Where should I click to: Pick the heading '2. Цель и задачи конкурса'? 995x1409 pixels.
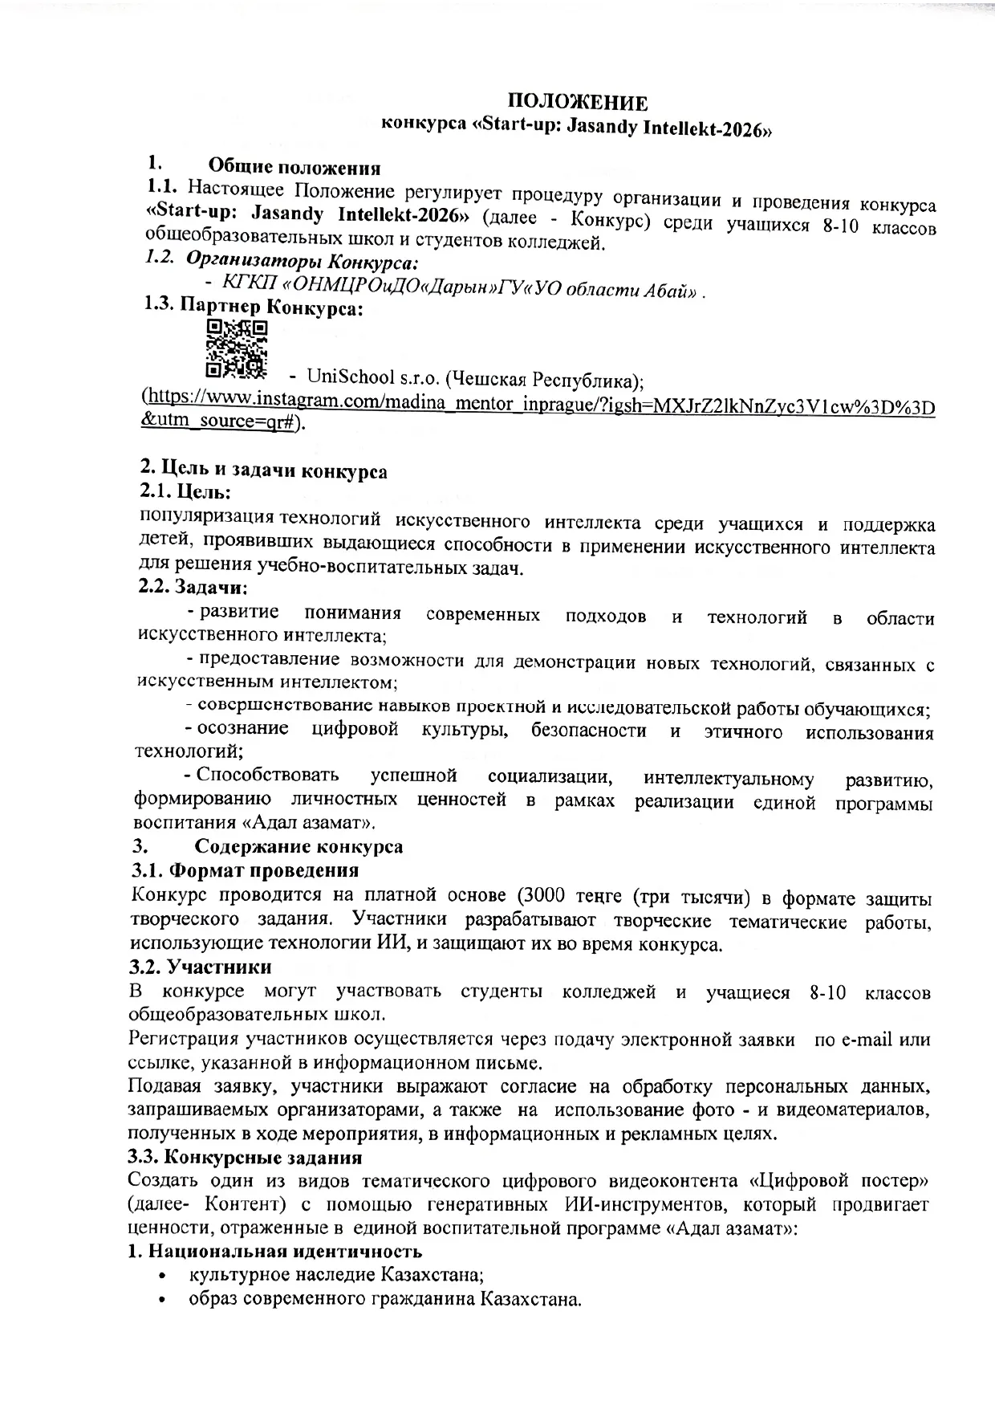click(x=263, y=470)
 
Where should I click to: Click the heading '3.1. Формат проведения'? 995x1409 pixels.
click(x=245, y=869)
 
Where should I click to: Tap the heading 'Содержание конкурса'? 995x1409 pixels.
click(x=299, y=846)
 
